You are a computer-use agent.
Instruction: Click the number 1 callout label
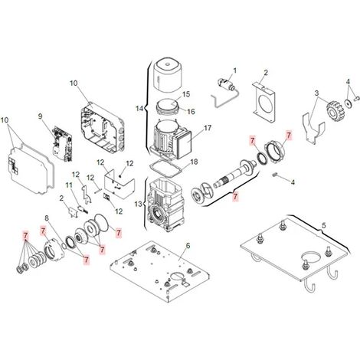coord(234,70)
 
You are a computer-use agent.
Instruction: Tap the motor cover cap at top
coord(168,75)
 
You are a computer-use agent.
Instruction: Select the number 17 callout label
coord(208,127)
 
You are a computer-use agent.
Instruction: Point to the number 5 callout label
coord(324,226)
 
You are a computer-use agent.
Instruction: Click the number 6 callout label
coord(188,246)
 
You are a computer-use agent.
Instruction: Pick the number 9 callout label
coord(40,116)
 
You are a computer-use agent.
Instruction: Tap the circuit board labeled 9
coord(62,144)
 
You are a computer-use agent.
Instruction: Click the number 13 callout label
coord(138,205)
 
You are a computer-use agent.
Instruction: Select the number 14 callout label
coord(139,109)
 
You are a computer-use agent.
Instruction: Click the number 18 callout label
coord(194,162)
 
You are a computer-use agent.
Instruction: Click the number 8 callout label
coord(47,218)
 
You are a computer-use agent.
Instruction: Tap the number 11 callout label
coord(69,185)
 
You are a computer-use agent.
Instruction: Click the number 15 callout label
coord(186,94)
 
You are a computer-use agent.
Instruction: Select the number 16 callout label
coord(191,112)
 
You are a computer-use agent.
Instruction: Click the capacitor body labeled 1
coord(224,84)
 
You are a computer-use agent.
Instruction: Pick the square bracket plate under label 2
coord(263,102)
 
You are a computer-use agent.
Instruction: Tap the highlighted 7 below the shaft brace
coord(235,197)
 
